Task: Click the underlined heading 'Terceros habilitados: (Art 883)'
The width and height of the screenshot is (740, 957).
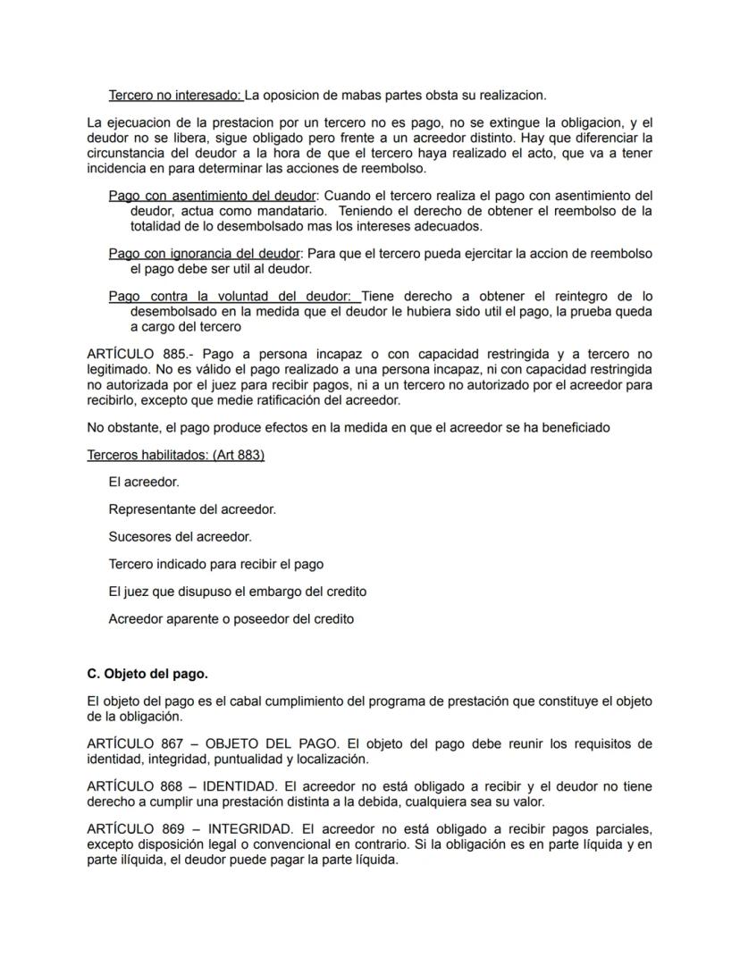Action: click(175, 455)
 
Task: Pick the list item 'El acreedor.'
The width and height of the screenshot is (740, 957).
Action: click(144, 482)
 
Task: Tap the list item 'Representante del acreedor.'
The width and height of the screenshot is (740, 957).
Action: click(192, 509)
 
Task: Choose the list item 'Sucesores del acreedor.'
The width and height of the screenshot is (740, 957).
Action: click(180, 537)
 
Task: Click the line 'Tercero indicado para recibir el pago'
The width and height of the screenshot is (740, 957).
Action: click(215, 564)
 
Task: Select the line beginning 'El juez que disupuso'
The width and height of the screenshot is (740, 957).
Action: click(237, 592)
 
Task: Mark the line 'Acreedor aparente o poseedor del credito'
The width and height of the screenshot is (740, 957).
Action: click(231, 618)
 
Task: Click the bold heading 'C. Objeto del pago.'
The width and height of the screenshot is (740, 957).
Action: click(147, 673)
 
